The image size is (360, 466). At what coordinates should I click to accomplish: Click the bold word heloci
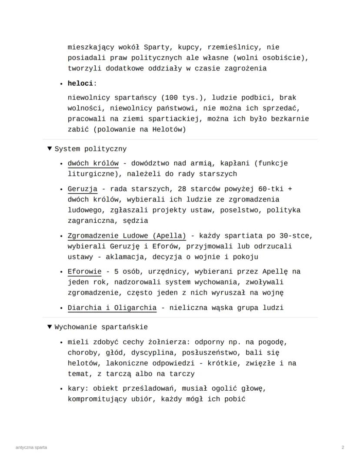point(80,83)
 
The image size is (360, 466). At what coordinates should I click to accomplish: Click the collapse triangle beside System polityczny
point(50,149)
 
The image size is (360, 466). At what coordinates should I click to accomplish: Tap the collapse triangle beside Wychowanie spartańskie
point(50,327)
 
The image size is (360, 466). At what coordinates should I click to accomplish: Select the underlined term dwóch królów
point(93,164)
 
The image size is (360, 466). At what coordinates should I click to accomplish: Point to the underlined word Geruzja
point(83,189)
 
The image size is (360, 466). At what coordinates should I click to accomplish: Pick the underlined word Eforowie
point(84,272)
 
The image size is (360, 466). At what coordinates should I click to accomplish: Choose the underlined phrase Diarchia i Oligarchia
point(112,308)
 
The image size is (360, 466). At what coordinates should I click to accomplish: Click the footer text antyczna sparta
point(31,447)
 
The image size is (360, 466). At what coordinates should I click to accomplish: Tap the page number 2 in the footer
point(343,447)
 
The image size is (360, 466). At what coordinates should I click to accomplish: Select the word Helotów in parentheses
point(167,129)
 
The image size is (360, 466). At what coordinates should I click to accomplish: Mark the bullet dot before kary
point(62,389)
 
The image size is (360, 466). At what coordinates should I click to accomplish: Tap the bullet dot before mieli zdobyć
point(62,342)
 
